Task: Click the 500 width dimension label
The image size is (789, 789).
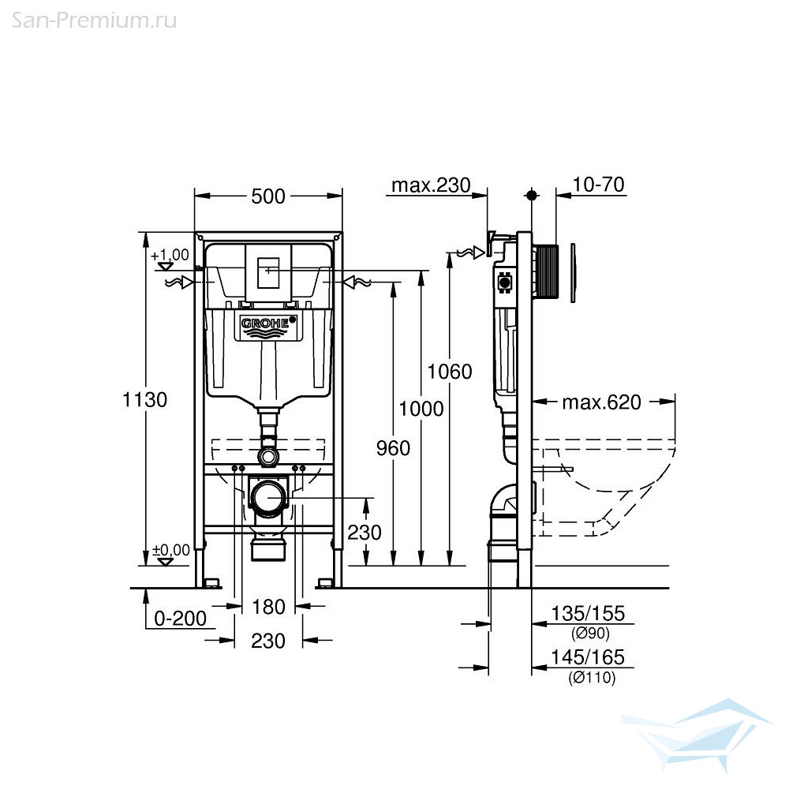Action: [x=268, y=196]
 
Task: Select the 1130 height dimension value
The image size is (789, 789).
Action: [x=145, y=400]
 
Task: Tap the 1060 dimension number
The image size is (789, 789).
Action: [x=450, y=372]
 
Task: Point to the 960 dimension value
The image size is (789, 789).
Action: [x=393, y=448]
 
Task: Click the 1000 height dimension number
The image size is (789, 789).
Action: [x=421, y=409]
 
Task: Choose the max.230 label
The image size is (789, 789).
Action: [x=431, y=185]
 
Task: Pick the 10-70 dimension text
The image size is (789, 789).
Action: [x=598, y=184]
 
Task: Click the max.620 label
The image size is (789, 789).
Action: [x=601, y=402]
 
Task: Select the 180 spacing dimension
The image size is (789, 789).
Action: [x=268, y=607]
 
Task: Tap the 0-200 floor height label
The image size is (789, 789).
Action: [x=180, y=619]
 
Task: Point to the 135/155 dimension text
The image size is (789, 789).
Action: [x=588, y=613]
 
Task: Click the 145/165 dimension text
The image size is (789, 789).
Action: [x=588, y=657]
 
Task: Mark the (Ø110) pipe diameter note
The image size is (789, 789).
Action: [x=592, y=678]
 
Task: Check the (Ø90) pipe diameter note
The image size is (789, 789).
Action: [x=590, y=634]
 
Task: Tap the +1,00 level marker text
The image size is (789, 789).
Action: [x=170, y=255]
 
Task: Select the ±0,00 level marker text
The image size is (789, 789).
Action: [x=171, y=550]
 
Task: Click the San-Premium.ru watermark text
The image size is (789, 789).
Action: [x=94, y=21]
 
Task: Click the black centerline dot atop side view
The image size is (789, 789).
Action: [x=531, y=195]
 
